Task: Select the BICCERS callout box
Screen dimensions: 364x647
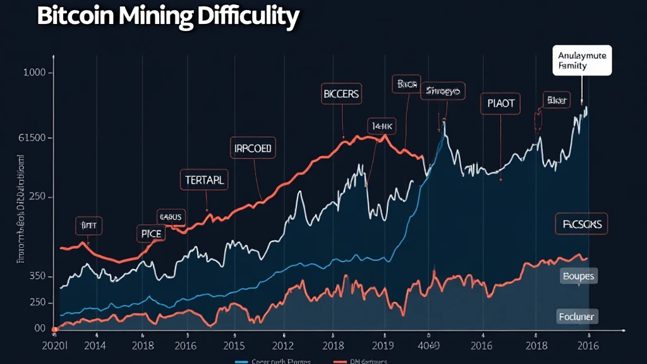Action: (x=341, y=95)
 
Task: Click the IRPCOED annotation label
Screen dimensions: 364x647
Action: (x=252, y=149)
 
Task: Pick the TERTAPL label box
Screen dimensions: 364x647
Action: (x=205, y=179)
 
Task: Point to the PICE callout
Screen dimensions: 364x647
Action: (x=150, y=234)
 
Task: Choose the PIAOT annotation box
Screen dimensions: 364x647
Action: (x=500, y=102)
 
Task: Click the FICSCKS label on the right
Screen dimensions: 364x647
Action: (x=582, y=223)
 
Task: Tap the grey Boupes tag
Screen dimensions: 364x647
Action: (x=578, y=277)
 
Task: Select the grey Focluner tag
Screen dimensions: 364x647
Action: (x=577, y=316)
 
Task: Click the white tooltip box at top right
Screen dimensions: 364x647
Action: (x=581, y=61)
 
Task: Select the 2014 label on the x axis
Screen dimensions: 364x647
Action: (x=95, y=346)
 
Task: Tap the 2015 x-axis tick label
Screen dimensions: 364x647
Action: (x=234, y=346)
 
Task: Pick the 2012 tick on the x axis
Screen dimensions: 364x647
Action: (x=282, y=346)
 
